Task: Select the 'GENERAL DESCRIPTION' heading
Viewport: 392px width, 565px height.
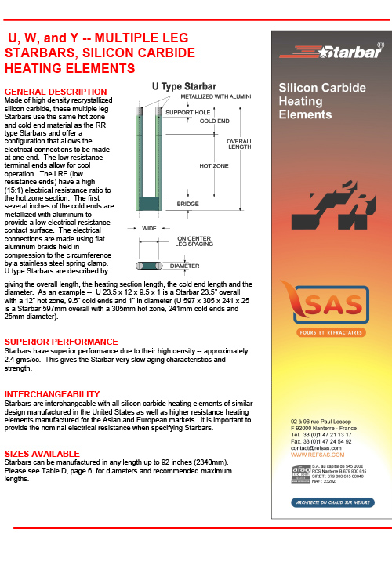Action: click(x=55, y=92)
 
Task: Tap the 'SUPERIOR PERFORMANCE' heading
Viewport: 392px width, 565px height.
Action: click(x=61, y=342)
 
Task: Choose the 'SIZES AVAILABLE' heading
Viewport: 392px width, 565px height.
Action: click(x=42, y=454)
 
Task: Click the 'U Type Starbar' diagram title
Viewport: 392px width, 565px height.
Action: click(x=184, y=85)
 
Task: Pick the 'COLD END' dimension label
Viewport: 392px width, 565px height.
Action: click(x=215, y=121)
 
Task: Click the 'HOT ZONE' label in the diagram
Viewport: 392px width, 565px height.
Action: click(x=214, y=166)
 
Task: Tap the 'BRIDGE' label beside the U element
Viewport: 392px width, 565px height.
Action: click(x=187, y=204)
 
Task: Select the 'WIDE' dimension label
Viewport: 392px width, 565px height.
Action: click(x=149, y=229)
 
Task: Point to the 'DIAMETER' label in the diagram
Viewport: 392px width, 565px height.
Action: click(x=185, y=266)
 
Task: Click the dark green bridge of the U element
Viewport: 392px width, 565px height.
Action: click(x=149, y=204)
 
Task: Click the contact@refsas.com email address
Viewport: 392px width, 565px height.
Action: click(x=316, y=448)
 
